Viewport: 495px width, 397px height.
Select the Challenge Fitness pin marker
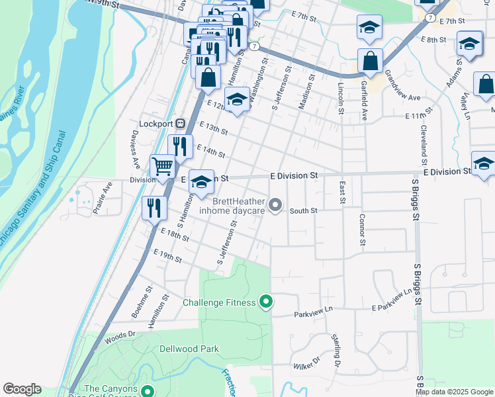[266, 302]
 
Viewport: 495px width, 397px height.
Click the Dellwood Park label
[189, 349]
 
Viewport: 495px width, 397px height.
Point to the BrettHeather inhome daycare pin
[277, 206]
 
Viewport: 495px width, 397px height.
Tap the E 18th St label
[175, 234]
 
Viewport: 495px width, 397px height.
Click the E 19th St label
[167, 255]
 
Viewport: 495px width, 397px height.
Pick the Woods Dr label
[119, 338]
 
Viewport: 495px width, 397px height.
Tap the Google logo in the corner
[22, 389]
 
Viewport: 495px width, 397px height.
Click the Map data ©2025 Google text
[455, 392]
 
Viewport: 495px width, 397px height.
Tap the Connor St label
[362, 229]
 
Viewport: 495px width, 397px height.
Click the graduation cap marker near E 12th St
[236, 99]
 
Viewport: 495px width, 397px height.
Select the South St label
[304, 210]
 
